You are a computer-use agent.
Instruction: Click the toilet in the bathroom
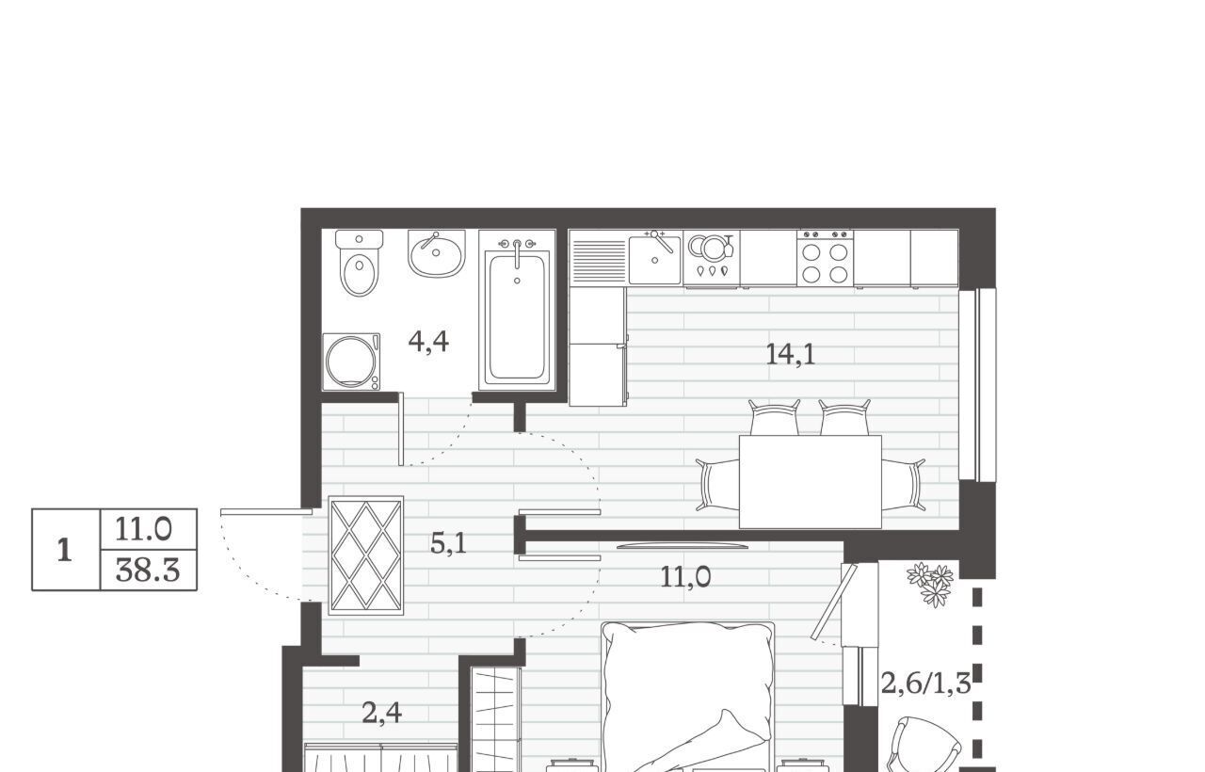pos(359,263)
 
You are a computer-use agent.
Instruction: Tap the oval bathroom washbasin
pos(436,253)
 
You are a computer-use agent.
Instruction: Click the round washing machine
pos(351,362)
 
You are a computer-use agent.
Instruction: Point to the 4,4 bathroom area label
pos(428,342)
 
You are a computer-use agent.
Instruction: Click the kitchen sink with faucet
pos(654,257)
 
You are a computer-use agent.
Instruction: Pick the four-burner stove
pos(826,258)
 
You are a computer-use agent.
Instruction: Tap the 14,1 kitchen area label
pos(790,355)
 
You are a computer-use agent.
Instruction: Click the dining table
pos(811,482)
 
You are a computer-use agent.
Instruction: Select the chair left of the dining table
pos(717,484)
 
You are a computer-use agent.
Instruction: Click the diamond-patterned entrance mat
pos(366,555)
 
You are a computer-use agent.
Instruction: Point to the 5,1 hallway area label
pos(448,544)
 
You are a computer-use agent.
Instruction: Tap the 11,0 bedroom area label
pos(685,577)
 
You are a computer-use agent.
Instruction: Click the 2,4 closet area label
pos(382,714)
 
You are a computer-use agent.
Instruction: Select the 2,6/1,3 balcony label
pos(925,684)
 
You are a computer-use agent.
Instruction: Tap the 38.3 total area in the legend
pos(148,571)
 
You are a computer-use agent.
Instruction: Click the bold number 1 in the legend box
pos(65,551)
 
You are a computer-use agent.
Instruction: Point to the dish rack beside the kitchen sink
pos(598,258)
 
